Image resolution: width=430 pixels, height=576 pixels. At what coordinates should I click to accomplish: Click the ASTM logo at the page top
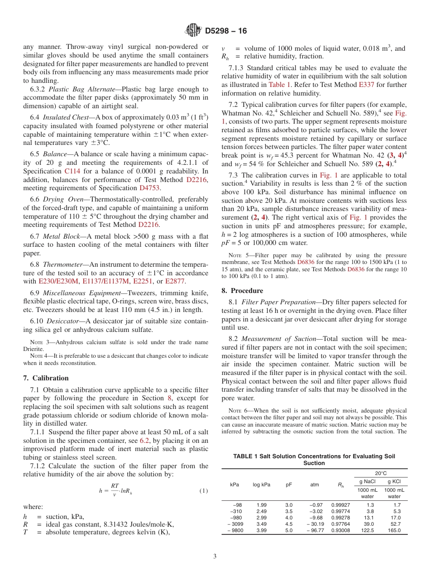coord(193,31)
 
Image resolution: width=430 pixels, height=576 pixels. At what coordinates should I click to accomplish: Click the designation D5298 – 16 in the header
coord(226,31)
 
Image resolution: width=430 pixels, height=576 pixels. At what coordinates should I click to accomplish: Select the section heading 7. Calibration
coord(46,378)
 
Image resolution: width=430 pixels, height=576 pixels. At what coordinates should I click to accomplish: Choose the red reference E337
coord(366,85)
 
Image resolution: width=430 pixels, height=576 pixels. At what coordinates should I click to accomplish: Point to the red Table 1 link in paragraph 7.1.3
coord(277,85)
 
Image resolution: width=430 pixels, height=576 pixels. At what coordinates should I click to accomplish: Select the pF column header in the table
coord(289,484)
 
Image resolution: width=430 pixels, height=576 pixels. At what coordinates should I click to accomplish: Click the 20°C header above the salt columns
coord(381,473)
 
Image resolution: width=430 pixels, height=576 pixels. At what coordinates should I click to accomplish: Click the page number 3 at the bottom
coord(215,556)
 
